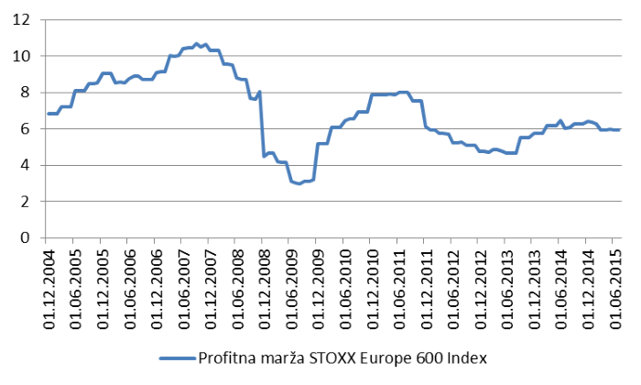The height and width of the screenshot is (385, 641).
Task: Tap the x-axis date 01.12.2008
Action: (x=263, y=282)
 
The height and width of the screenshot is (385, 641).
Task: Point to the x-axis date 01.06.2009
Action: (x=289, y=282)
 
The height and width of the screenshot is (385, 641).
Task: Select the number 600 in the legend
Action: (x=418, y=358)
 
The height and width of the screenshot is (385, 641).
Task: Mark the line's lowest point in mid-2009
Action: (x=299, y=183)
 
